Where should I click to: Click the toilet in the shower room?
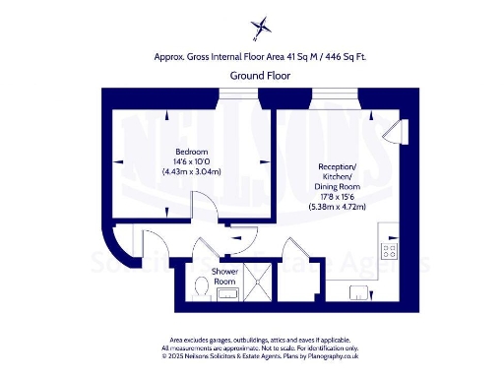pos(202,285)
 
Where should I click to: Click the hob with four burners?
pos(389,249)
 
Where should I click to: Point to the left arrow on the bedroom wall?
pos(120,161)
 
